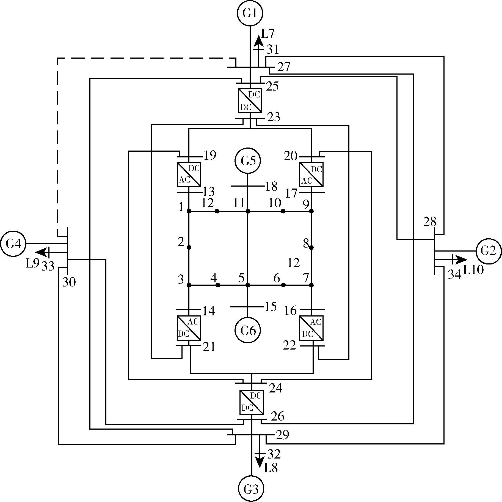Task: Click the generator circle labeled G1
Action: (x=250, y=13)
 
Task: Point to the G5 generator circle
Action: (x=248, y=161)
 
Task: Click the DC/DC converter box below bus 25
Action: (x=250, y=100)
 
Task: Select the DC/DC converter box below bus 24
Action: (x=252, y=402)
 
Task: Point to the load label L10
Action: (x=473, y=270)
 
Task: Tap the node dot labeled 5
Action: (x=248, y=285)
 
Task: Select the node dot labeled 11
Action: (x=248, y=211)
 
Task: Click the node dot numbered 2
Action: (x=189, y=247)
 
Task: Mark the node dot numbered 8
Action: (x=311, y=247)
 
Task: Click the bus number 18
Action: (x=271, y=186)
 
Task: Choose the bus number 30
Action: (x=69, y=282)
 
